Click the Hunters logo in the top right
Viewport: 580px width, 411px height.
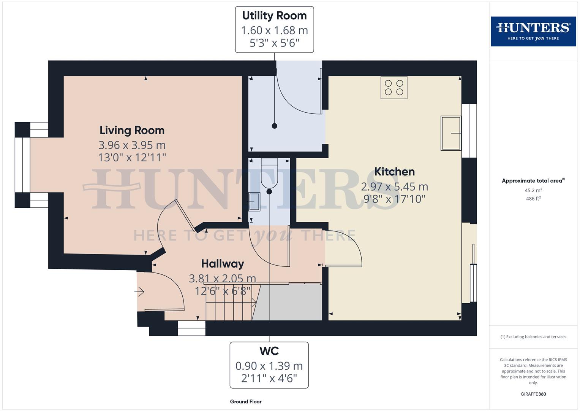[x=533, y=31]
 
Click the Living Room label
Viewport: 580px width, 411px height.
[x=132, y=130]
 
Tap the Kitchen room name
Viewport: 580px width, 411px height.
[x=394, y=172]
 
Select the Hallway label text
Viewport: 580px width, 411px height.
[x=222, y=264]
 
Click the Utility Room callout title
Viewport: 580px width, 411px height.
[x=274, y=16]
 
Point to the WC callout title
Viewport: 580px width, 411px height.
[x=269, y=350]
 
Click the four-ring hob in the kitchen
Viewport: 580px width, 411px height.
[x=394, y=88]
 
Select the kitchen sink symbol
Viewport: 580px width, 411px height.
[x=451, y=133]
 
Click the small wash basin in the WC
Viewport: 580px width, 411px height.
[x=254, y=202]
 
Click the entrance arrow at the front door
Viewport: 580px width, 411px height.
[x=139, y=292]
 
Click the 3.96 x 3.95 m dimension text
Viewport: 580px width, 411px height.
[x=132, y=145]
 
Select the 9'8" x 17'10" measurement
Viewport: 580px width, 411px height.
[x=394, y=199]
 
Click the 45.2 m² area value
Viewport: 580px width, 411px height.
[x=533, y=190]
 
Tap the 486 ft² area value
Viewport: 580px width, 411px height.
[x=533, y=198]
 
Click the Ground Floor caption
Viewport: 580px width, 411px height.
[x=245, y=401]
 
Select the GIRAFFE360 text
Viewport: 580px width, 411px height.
[x=533, y=394]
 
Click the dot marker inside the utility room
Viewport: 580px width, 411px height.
[x=274, y=126]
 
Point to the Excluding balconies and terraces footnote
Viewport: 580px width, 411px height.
[x=533, y=337]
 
